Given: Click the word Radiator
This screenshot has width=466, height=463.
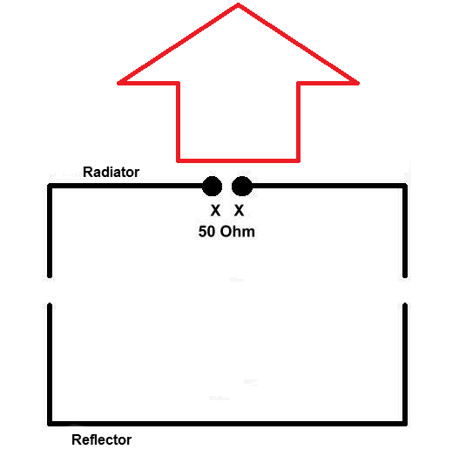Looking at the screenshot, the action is pos(111,172).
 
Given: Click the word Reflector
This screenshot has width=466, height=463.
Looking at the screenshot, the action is pos(102,439).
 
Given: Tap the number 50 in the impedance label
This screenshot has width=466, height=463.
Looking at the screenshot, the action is pos(206,232).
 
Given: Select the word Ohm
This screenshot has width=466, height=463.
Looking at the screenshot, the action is pos(238,232).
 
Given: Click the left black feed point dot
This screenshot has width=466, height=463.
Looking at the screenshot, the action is pos(213,187).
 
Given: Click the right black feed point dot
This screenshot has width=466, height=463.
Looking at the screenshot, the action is pos(242,187).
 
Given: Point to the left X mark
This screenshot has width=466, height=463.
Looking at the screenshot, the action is pos(215,210).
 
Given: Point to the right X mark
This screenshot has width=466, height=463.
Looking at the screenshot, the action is pos(239,210).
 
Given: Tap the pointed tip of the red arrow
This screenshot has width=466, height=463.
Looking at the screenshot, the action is pos(239,4).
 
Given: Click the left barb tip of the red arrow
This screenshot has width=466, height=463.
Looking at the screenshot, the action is pos(118,83).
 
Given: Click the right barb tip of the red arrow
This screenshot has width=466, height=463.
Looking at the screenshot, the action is pos(358,83).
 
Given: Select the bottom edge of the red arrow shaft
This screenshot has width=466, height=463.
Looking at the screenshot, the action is pos(239,161).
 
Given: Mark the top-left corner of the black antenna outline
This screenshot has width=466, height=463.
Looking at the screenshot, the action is pos(50,186).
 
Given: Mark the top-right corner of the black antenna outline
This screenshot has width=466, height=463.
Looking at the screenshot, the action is pos(405,186).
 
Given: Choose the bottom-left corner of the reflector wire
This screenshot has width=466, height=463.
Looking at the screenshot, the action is pos(50,424).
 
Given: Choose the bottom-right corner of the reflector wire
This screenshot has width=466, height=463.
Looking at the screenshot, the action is pos(405,424).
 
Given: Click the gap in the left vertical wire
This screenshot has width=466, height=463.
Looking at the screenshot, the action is pos(50,290).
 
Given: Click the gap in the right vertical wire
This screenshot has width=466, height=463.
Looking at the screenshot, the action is pos(405,290).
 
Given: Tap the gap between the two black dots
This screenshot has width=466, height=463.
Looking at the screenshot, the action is pos(227,187).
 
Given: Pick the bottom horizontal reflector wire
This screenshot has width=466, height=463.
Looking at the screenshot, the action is pos(227,424).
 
